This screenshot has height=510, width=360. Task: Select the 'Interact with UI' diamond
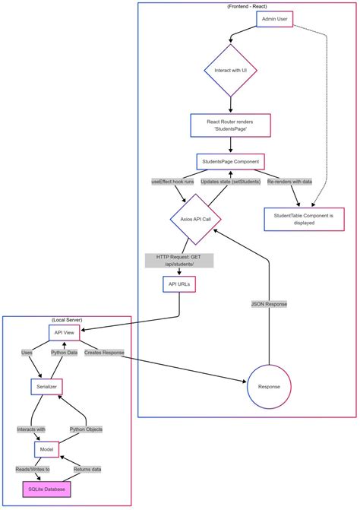pos(230,70)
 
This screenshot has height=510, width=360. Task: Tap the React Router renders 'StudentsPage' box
pos(230,125)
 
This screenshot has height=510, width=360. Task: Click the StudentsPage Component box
pos(230,161)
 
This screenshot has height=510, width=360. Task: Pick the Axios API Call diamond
pos(196,219)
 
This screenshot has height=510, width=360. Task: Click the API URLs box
pos(179,284)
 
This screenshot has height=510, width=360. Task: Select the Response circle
pos(270,387)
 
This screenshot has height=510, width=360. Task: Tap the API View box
pos(63,332)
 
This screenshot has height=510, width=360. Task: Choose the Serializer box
pos(47,387)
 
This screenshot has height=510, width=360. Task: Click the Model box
pos(47,450)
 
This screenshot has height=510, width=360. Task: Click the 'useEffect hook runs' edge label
pos(173,182)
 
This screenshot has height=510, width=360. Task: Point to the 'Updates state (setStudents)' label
pos(229,182)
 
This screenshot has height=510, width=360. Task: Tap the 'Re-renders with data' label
pos(289,182)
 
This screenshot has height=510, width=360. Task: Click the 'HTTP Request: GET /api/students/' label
pos(179,260)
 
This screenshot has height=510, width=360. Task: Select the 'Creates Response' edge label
pos(104,353)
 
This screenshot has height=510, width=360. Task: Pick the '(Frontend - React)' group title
pos(248,6)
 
